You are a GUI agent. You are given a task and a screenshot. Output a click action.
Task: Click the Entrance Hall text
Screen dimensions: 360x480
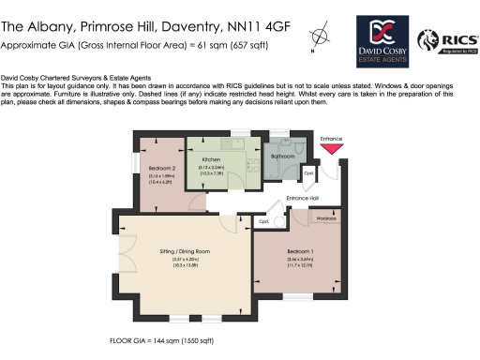(303, 199)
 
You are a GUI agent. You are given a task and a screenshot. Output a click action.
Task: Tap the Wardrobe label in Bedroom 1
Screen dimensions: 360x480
(325, 218)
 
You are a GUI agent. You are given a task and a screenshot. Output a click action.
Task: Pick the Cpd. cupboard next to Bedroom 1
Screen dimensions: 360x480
(265, 222)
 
